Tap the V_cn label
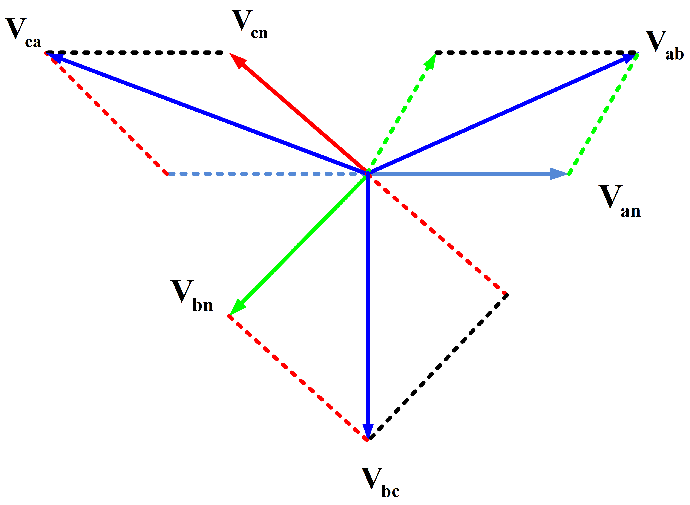(250, 24)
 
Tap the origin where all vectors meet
(368, 174)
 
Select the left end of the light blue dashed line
(168, 174)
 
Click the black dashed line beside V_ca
(135, 53)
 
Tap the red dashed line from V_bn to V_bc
(298, 378)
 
